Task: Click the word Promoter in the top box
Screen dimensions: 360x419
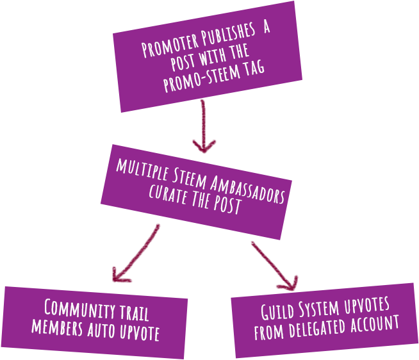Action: point(165,48)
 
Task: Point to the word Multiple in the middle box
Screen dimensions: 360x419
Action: point(140,170)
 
